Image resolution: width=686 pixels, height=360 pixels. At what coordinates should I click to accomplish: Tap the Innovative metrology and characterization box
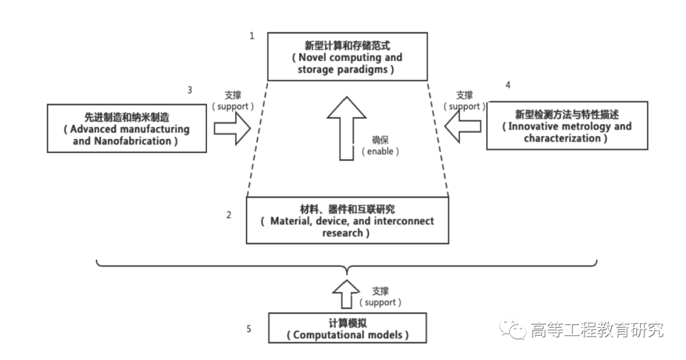567,125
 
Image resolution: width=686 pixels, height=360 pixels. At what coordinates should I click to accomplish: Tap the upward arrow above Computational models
346,293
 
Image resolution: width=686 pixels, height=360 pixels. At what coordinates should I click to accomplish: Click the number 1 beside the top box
252,36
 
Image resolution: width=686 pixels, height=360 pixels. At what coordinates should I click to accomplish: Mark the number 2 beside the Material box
229,215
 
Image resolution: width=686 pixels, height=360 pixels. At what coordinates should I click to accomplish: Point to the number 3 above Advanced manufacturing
189,90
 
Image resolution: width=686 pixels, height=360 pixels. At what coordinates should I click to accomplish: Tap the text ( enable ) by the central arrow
381,152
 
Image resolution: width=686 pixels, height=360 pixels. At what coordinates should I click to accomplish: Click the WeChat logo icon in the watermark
512,329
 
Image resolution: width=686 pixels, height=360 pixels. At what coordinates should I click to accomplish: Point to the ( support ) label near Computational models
380,302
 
